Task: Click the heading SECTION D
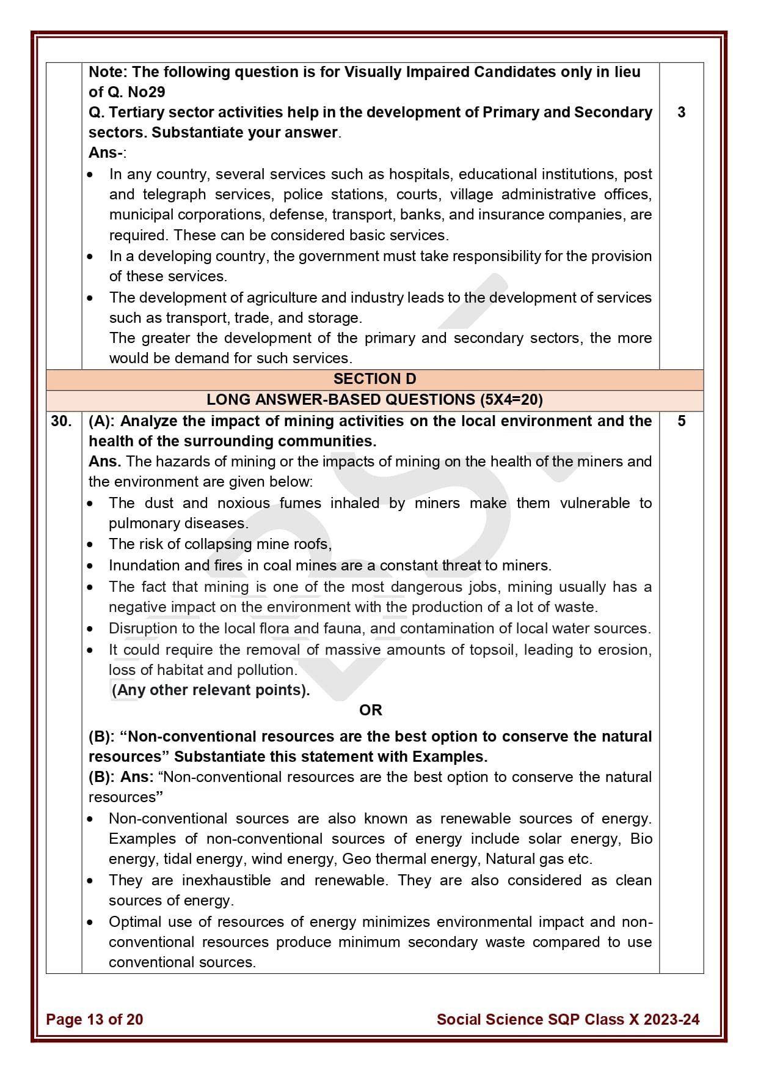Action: pos(374,379)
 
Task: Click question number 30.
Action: pos(61,421)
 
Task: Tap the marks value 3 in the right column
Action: pos(681,112)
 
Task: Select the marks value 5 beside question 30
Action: pos(681,421)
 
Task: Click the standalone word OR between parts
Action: pos(370,710)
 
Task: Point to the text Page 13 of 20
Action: pos(94,1019)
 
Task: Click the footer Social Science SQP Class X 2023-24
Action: pos(567,1019)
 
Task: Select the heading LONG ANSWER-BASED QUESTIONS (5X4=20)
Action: pos(374,400)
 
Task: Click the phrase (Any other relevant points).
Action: pos(211,690)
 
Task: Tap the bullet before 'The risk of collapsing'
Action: pos(90,545)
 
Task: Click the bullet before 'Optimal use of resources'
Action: pos(90,923)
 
